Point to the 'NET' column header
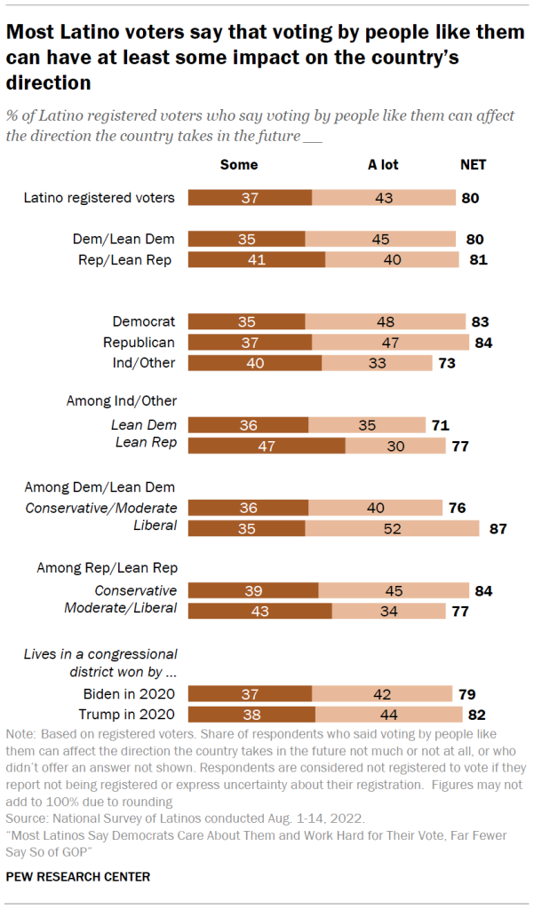tap(473, 164)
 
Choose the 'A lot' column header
tap(384, 164)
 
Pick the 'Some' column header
tap(239, 164)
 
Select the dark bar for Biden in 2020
tap(251, 692)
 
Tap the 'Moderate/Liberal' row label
tap(121, 608)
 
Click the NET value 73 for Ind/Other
tap(447, 362)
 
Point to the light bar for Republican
tap(390, 342)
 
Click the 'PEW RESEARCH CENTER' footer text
tap(77, 876)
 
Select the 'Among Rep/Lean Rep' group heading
tap(107, 567)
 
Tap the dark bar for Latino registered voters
tap(251, 197)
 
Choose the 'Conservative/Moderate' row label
tap(101, 508)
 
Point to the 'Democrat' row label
tap(144, 321)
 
